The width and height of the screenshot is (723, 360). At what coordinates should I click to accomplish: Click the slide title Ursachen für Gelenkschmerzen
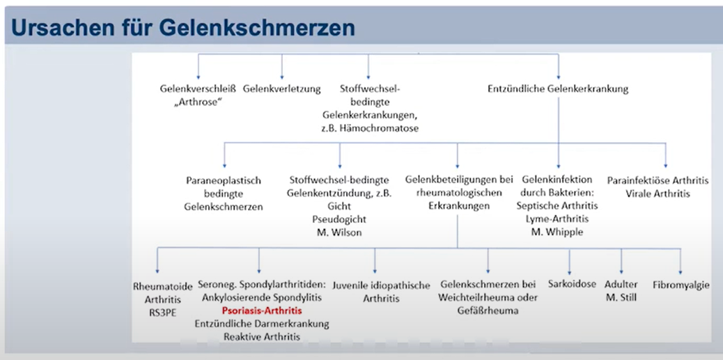tap(183, 28)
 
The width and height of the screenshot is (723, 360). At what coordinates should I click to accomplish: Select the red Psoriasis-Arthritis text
tap(262, 311)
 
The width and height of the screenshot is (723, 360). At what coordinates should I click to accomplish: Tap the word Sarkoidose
tap(573, 284)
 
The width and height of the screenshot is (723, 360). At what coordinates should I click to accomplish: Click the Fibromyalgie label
tap(681, 285)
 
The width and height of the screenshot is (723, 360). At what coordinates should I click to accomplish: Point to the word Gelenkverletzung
tap(281, 88)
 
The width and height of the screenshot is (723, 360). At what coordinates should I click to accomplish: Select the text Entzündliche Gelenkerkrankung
tap(558, 89)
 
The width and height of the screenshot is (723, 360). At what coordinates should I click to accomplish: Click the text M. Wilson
tap(339, 233)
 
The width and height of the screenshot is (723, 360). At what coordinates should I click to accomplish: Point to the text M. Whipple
tap(557, 232)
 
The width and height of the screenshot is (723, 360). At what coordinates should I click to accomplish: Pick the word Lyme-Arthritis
tap(557, 219)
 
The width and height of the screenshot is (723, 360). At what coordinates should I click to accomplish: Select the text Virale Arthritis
tap(658, 193)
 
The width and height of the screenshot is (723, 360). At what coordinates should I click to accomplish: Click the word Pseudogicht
tap(339, 219)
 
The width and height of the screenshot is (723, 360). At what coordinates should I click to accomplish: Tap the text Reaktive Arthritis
tap(262, 336)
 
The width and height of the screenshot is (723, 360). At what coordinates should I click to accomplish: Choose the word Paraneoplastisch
tap(224, 180)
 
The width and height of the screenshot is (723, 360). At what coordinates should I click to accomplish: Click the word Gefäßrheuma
tap(488, 311)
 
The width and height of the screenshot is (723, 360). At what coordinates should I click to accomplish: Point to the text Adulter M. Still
tap(621, 291)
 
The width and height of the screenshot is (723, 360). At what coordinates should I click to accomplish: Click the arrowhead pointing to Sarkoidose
tap(570, 272)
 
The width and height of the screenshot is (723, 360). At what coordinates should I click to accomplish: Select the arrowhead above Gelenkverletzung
tap(281, 77)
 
